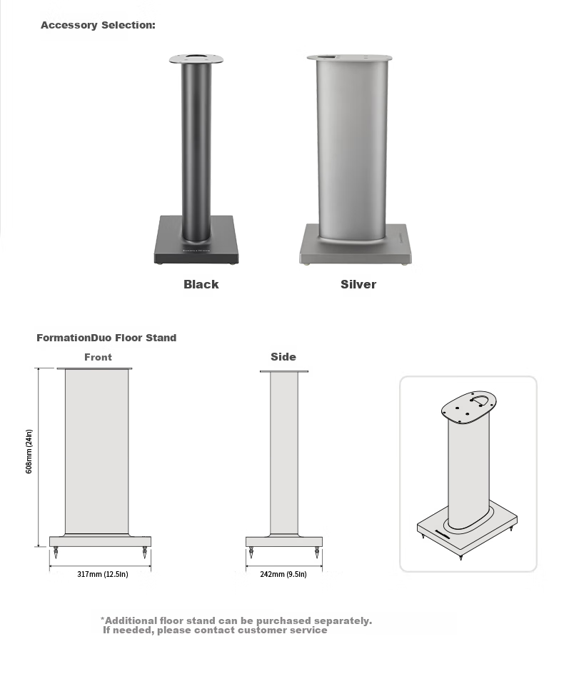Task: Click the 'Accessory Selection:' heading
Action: [x=98, y=25]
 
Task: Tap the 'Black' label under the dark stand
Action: [x=201, y=284]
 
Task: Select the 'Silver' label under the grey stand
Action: [x=358, y=284]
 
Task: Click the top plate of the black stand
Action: [x=196, y=59]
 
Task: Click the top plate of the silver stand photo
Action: [x=350, y=58]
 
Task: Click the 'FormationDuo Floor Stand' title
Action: [x=106, y=338]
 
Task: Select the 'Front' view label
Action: [x=98, y=357]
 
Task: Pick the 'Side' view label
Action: [x=283, y=357]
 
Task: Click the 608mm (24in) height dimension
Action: [x=29, y=451]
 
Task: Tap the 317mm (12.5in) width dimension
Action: [x=103, y=574]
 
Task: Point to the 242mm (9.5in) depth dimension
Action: [x=283, y=574]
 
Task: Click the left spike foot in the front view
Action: [x=56, y=553]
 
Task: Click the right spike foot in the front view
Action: [x=145, y=553]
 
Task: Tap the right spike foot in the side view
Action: [x=317, y=553]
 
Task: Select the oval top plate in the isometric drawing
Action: [x=468, y=407]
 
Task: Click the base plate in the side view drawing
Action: [x=284, y=542]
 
